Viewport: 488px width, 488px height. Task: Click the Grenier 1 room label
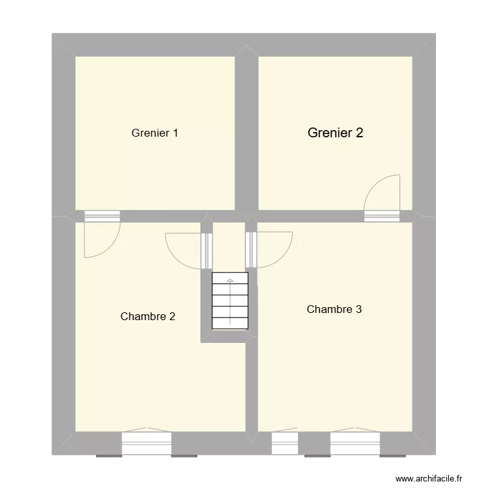tap(155, 133)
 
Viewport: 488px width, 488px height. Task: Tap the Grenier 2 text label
tap(335, 133)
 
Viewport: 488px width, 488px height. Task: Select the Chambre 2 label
tap(148, 317)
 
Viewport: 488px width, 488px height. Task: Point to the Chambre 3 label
tap(334, 310)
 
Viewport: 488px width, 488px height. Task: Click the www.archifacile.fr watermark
tap(431, 477)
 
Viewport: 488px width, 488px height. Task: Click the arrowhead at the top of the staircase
tap(230, 280)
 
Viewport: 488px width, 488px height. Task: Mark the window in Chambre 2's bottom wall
tap(146, 443)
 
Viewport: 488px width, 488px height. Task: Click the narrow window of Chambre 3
tap(284, 443)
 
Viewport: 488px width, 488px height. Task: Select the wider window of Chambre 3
tap(355, 443)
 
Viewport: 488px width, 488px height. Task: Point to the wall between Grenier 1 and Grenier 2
tap(247, 130)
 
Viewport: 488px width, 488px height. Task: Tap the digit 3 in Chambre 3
tap(359, 310)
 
